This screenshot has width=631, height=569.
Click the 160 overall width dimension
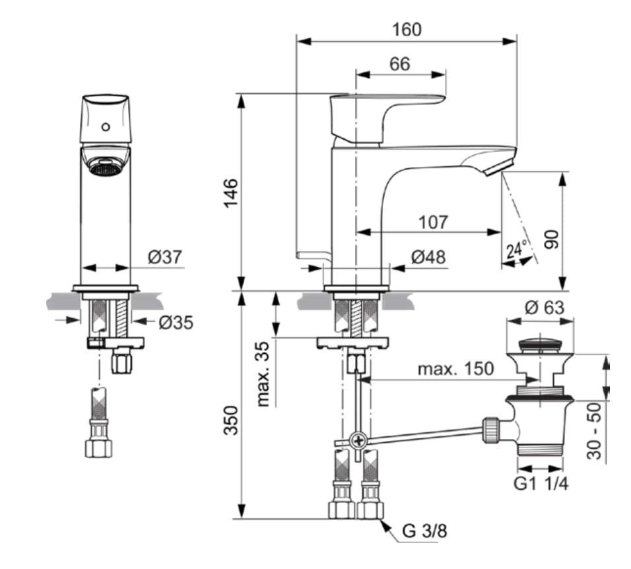click(407, 30)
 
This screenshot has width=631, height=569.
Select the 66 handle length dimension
click(399, 64)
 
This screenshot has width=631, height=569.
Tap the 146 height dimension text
click(231, 193)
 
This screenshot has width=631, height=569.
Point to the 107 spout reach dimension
click(433, 222)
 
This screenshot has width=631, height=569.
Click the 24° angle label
click(517, 250)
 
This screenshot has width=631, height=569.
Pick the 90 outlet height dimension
click(551, 240)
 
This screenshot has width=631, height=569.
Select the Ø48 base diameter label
click(428, 257)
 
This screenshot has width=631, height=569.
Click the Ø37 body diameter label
click(165, 256)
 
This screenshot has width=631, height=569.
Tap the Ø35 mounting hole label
click(176, 322)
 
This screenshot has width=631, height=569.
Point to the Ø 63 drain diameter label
click(545, 308)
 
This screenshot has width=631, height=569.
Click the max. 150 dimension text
click(455, 368)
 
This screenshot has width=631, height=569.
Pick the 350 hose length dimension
click(231, 420)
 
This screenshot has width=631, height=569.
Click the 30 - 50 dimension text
click(594, 431)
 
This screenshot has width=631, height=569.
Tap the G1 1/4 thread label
click(541, 483)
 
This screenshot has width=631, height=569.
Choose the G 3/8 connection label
click(424, 531)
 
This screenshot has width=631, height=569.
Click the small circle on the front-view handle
click(106, 127)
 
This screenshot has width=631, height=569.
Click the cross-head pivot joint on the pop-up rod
click(358, 441)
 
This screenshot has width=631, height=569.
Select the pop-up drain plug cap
click(540, 345)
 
